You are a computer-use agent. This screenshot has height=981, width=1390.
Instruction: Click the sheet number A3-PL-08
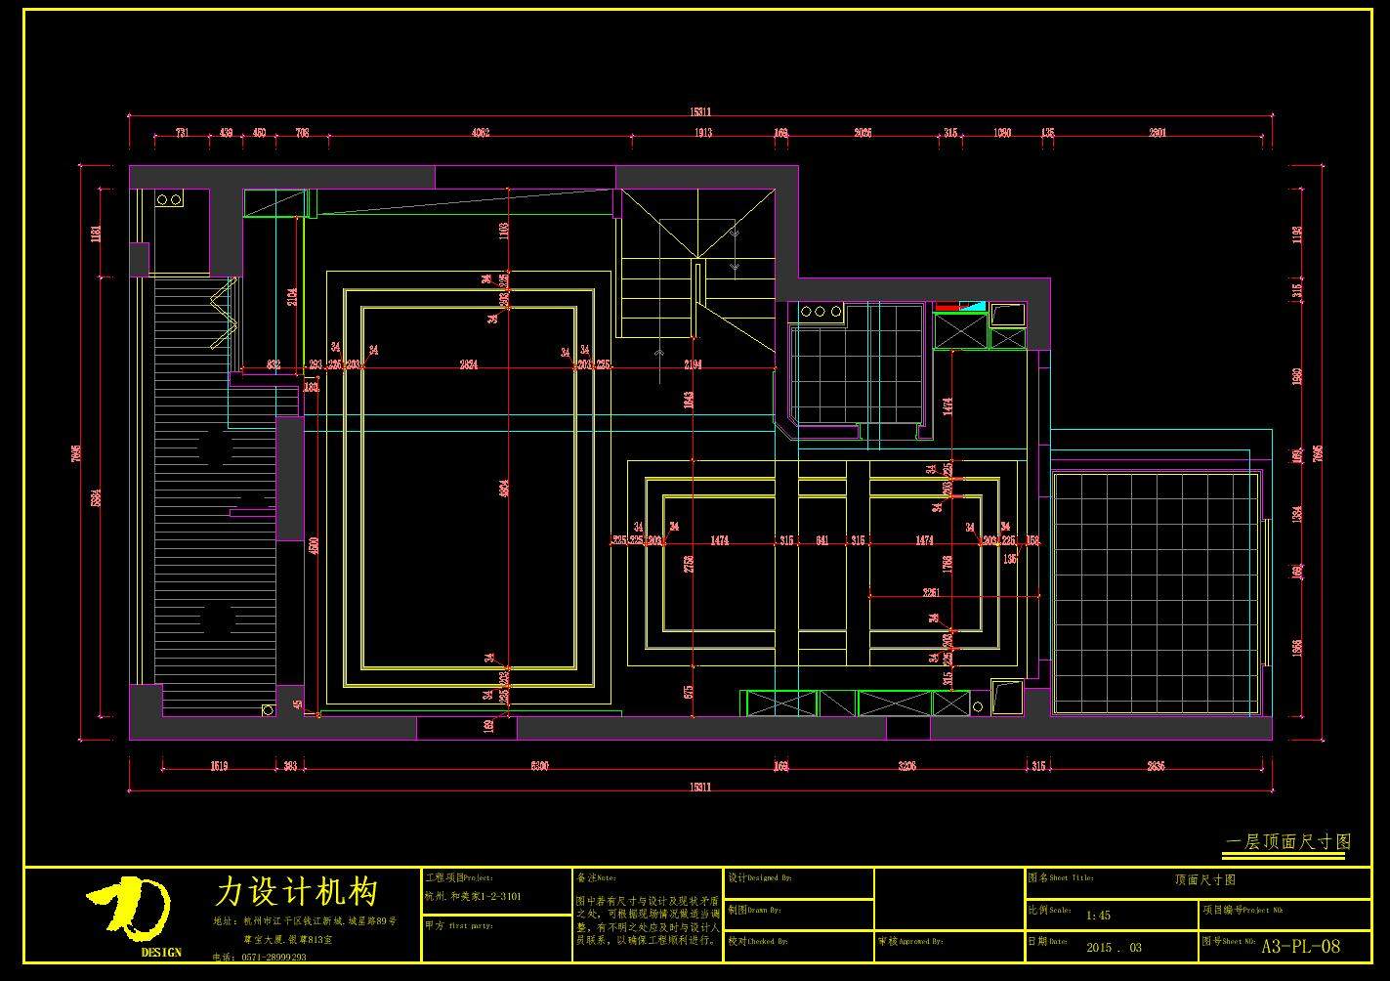click(1301, 946)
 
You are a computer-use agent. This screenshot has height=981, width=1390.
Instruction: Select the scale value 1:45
click(1098, 916)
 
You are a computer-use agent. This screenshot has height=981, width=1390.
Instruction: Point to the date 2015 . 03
click(1114, 947)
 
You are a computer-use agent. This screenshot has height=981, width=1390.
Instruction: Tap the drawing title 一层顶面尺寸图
click(1287, 841)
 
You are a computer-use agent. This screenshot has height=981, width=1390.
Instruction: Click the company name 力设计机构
click(296, 891)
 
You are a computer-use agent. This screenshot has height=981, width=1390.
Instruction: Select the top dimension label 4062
click(480, 133)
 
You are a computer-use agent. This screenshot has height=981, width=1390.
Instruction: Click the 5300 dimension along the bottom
click(538, 766)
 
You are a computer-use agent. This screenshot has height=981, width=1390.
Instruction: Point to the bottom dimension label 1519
click(219, 766)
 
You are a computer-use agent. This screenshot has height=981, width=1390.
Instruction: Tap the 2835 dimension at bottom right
click(1155, 766)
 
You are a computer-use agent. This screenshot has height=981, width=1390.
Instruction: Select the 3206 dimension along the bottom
click(906, 766)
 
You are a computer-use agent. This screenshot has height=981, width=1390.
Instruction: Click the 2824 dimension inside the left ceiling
click(469, 364)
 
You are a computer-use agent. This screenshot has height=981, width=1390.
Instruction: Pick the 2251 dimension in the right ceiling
click(931, 592)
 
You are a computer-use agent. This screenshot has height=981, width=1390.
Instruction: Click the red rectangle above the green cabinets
click(948, 307)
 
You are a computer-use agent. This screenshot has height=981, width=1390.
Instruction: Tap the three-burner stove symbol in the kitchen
click(821, 312)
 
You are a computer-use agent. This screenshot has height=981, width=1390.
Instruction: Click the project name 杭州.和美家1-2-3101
click(473, 896)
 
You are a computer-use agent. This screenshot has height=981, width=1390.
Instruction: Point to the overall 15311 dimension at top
click(700, 112)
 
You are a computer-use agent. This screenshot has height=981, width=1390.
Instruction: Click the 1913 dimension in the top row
click(702, 133)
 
